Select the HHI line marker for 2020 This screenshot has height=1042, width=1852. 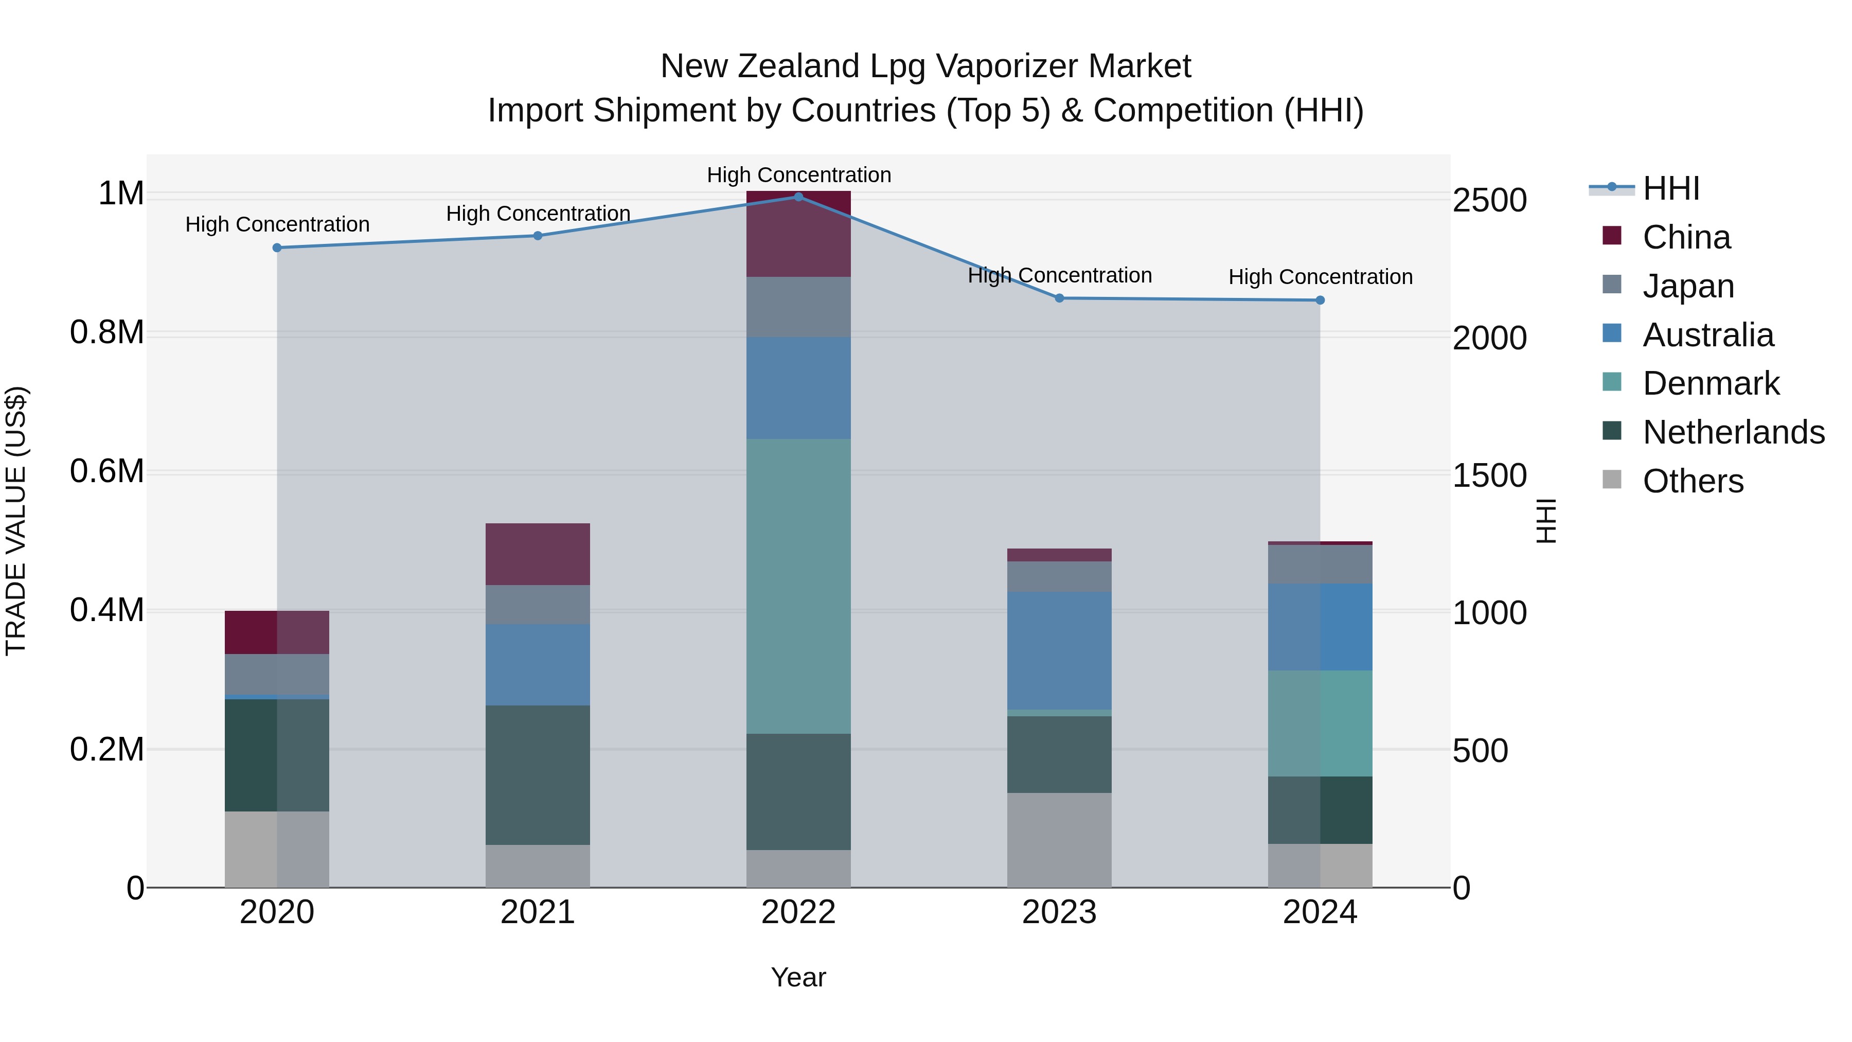(277, 248)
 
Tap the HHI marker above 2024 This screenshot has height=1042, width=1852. (1320, 300)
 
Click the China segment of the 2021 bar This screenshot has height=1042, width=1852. (538, 554)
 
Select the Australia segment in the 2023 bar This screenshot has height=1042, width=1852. (1059, 651)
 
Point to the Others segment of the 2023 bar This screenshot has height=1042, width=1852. (1059, 840)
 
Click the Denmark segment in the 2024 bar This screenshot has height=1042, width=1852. (1320, 723)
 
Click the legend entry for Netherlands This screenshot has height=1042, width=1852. (1733, 432)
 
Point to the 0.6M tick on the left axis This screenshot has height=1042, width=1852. (106, 472)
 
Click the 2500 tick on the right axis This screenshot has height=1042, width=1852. (1490, 201)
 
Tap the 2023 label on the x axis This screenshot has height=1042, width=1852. (1059, 912)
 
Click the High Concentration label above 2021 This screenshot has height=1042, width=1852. (538, 214)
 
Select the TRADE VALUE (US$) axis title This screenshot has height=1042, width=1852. (16, 521)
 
